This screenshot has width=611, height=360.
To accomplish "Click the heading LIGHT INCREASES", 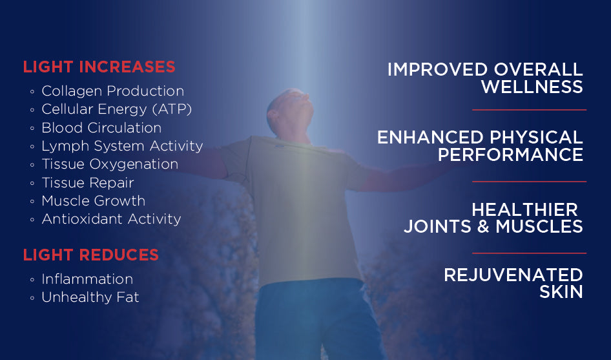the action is point(99,67).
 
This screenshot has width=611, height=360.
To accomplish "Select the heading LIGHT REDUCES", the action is point(91,255).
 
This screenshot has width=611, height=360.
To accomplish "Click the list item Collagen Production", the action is point(112,91).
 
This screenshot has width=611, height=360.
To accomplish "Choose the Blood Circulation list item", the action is point(101,127).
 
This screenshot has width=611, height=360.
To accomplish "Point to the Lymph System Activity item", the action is point(122,146).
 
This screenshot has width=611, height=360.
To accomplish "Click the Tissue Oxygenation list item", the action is point(110,164).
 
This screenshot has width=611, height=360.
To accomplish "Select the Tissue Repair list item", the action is point(88,182).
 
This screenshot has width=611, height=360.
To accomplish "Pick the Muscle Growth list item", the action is point(93,201).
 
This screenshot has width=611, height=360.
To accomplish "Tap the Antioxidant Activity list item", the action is point(111,219).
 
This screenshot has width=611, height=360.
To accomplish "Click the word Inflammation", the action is point(87,279).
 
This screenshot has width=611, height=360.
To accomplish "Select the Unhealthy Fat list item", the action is point(90,297).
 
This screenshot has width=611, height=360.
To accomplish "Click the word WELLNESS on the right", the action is point(532,87).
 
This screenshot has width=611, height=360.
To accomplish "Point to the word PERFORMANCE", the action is point(510,154).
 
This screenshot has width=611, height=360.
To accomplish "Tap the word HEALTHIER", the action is point(524,210).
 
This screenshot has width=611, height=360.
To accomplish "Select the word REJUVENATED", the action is point(513,275).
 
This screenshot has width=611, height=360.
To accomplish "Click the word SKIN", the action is point(561,291).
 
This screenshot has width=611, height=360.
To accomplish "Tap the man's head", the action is point(290,111).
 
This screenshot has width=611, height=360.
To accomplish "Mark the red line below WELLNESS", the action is point(529,110).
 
